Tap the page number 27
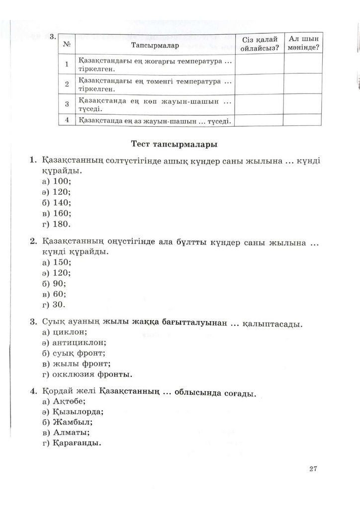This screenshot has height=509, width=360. pyautogui.click(x=313, y=468)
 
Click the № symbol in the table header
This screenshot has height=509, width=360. pyautogui.click(x=66, y=45)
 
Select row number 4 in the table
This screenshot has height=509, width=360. pyautogui.click(x=66, y=119)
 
